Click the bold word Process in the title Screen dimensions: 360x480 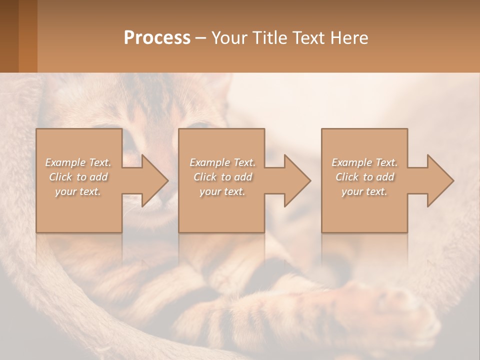[157, 38]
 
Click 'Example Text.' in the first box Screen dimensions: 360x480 [78, 162]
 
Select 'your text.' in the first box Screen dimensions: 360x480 [78, 191]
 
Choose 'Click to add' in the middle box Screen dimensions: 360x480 [222, 177]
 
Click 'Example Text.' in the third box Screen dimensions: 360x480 [364, 162]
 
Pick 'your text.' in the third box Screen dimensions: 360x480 [364, 191]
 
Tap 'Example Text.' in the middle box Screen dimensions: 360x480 [222, 162]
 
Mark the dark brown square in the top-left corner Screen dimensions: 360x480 [9, 36]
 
